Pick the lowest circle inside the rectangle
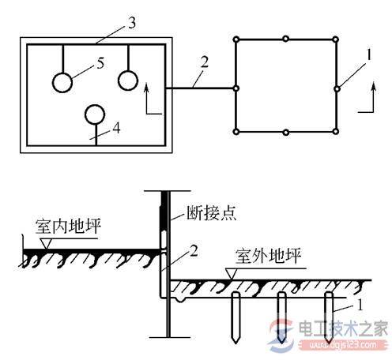(x=95, y=115)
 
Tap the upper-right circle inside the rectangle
(x=128, y=81)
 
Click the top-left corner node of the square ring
(x=236, y=37)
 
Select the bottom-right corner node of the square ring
(x=337, y=131)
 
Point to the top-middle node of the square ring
(x=286, y=37)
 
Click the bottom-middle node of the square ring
(x=286, y=131)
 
